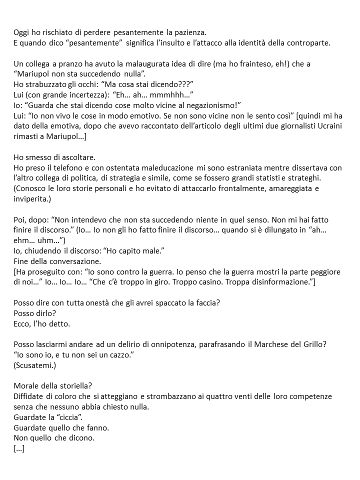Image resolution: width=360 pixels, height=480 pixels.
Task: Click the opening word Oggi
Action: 21,32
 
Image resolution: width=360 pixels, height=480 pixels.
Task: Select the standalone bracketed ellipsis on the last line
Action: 19,448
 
